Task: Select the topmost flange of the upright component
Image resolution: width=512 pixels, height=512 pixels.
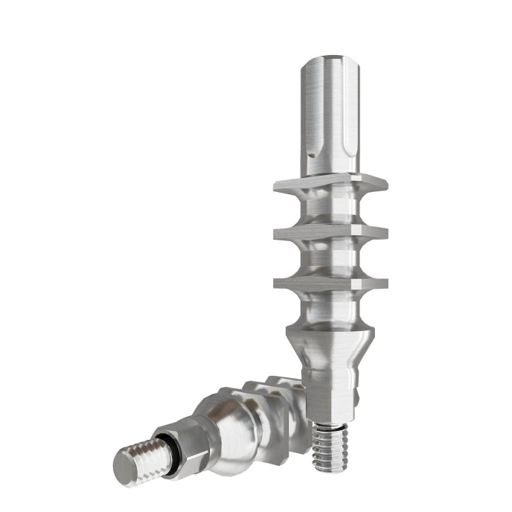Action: [330, 183]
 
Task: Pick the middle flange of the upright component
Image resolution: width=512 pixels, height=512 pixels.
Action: [330, 234]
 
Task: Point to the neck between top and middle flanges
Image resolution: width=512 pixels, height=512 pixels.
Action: [330, 210]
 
